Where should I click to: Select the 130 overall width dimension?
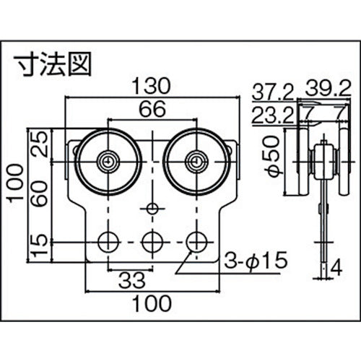coord(150,86)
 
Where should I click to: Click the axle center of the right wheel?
coord(193,160)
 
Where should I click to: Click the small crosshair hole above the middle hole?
coord(151,209)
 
